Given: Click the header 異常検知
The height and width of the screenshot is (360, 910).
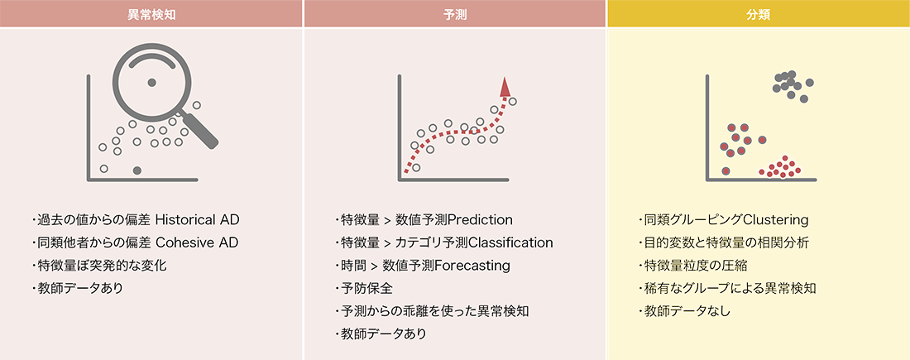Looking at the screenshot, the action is (151, 15).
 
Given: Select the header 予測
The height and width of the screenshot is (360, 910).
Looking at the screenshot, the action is (454, 15).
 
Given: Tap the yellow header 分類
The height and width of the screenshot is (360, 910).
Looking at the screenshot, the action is (759, 15).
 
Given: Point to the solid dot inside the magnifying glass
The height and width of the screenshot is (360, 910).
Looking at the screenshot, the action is (151, 83).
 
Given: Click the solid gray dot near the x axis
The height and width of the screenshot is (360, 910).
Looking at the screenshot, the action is (137, 170).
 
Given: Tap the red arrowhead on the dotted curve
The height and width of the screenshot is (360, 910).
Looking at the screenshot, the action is (505, 87).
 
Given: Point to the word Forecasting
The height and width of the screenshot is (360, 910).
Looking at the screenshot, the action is (472, 266).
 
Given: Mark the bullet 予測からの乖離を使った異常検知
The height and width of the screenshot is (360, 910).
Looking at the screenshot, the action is (432, 311).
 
